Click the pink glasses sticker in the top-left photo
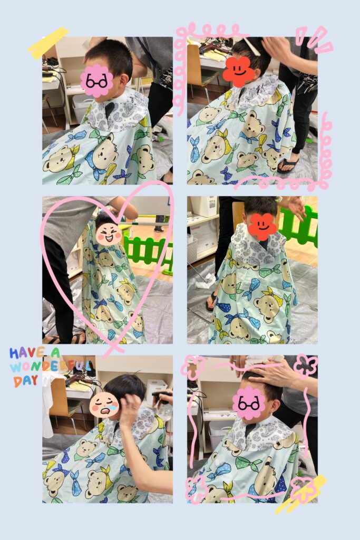(x=96, y=81)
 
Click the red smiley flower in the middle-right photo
(x=262, y=227)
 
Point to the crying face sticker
(x=104, y=406)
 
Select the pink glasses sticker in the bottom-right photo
(x=248, y=403)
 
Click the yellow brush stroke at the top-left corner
(x=48, y=43)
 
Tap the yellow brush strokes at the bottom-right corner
(x=301, y=494)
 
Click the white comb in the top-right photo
(x=251, y=46)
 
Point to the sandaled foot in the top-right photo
(x=288, y=165)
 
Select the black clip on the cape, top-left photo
(x=110, y=110)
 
